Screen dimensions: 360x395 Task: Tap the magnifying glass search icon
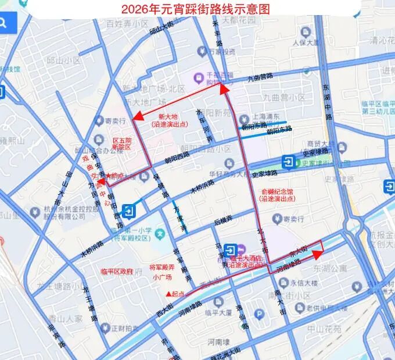coord(5,23)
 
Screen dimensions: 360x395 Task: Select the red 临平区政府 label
coord(117,271)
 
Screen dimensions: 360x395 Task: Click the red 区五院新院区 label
coord(122,144)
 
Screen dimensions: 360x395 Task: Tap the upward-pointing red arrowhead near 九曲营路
coord(222,88)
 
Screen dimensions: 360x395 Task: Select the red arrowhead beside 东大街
coord(317,254)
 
